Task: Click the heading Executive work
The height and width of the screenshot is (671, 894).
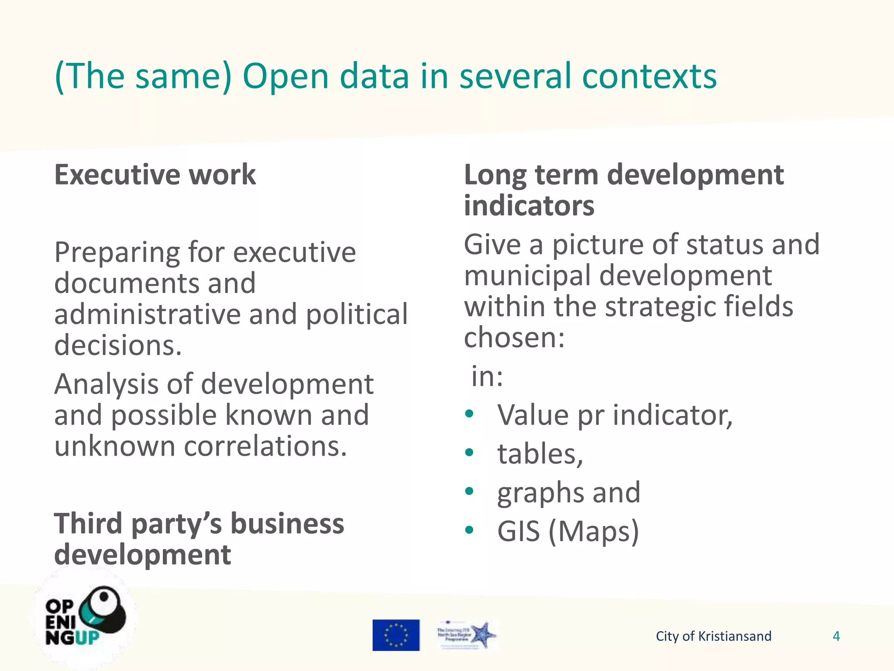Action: click(x=155, y=175)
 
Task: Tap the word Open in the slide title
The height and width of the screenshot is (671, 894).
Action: click(x=285, y=76)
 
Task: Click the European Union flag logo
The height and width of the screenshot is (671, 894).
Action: click(x=396, y=635)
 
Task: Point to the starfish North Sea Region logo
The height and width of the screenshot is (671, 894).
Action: click(x=467, y=635)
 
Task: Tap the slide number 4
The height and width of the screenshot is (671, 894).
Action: click(x=836, y=636)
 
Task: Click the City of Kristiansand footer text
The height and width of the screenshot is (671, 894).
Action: click(x=713, y=636)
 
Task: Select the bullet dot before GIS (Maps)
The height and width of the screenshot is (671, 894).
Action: click(x=469, y=530)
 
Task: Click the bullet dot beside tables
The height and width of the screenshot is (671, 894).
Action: click(x=469, y=452)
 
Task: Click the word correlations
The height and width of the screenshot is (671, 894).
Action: click(x=265, y=446)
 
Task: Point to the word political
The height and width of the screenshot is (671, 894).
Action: click(x=357, y=315)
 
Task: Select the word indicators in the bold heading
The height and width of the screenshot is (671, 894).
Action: click(x=529, y=205)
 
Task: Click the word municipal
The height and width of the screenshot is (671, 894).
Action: click(x=527, y=277)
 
